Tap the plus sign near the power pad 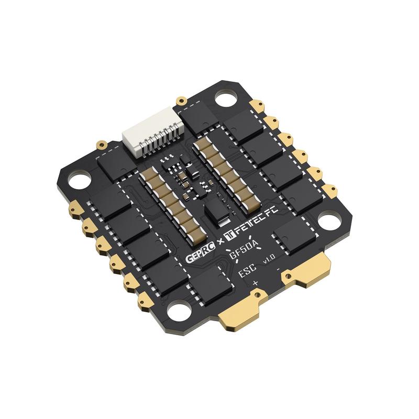click(256, 283)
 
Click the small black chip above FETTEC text click(215, 212)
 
